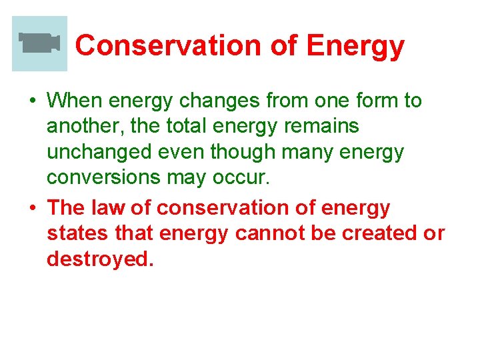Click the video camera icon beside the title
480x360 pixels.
point(39,43)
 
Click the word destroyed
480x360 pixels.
point(100,259)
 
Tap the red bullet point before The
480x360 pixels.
point(31,209)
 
